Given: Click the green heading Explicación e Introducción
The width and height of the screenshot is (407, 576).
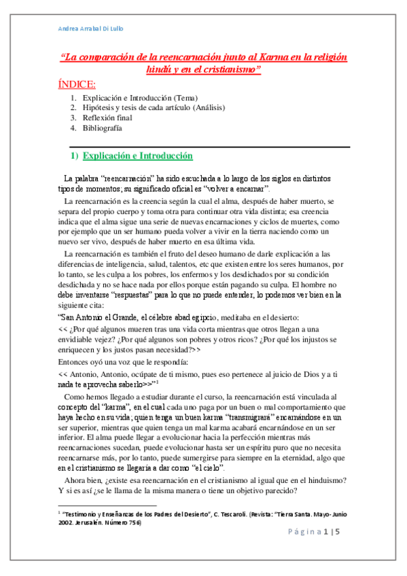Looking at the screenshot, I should (x=138, y=156).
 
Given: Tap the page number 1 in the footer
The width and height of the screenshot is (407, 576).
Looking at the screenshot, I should (x=326, y=532).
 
